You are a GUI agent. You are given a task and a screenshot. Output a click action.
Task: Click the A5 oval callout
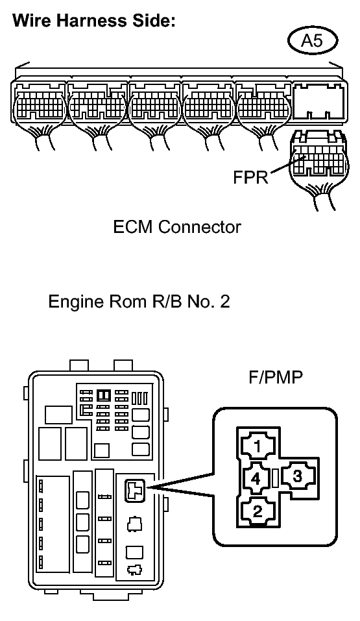(x=313, y=40)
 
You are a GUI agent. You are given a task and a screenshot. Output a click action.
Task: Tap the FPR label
(x=250, y=177)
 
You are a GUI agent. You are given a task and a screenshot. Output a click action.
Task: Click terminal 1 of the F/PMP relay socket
(x=258, y=446)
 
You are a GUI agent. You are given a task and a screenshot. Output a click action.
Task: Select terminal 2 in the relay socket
(x=258, y=511)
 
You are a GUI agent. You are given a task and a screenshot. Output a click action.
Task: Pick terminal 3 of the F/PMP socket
(x=298, y=476)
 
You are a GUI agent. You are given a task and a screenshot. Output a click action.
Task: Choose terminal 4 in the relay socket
(x=256, y=479)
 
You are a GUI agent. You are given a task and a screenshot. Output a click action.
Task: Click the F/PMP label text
(x=276, y=378)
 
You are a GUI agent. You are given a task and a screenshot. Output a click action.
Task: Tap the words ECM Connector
(x=177, y=227)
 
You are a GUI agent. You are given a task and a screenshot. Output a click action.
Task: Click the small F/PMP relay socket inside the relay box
(x=135, y=491)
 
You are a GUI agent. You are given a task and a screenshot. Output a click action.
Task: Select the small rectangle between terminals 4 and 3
(x=277, y=478)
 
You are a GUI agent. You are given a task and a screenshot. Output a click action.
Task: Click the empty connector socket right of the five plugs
(x=320, y=101)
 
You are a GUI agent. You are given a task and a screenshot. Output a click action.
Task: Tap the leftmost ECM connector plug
(x=39, y=103)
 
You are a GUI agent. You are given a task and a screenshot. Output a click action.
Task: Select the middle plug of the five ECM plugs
(x=156, y=103)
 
